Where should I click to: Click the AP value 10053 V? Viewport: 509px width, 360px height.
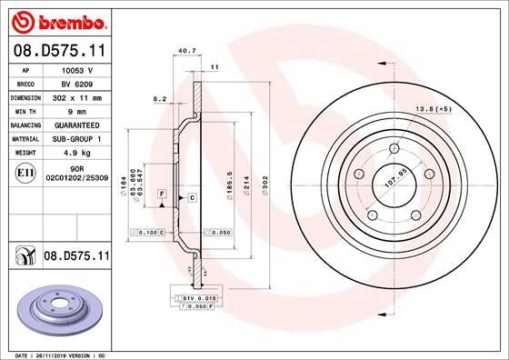(x=77, y=69)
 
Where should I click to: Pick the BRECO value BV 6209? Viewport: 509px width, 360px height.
(x=77, y=82)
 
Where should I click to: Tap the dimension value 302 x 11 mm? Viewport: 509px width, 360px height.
(x=77, y=95)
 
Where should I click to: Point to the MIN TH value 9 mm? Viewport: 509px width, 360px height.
(x=77, y=109)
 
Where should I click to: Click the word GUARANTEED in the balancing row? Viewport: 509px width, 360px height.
(x=77, y=124)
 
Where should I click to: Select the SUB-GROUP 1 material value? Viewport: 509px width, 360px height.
(x=77, y=138)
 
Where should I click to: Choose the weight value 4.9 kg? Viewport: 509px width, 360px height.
(x=77, y=153)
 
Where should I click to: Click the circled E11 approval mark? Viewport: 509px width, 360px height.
(x=26, y=172)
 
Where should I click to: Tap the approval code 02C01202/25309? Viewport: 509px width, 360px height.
(x=77, y=180)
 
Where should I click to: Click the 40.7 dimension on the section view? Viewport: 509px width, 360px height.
(x=187, y=51)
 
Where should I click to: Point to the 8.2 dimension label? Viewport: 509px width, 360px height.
(x=161, y=98)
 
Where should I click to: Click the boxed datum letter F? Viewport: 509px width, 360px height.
(x=161, y=195)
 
